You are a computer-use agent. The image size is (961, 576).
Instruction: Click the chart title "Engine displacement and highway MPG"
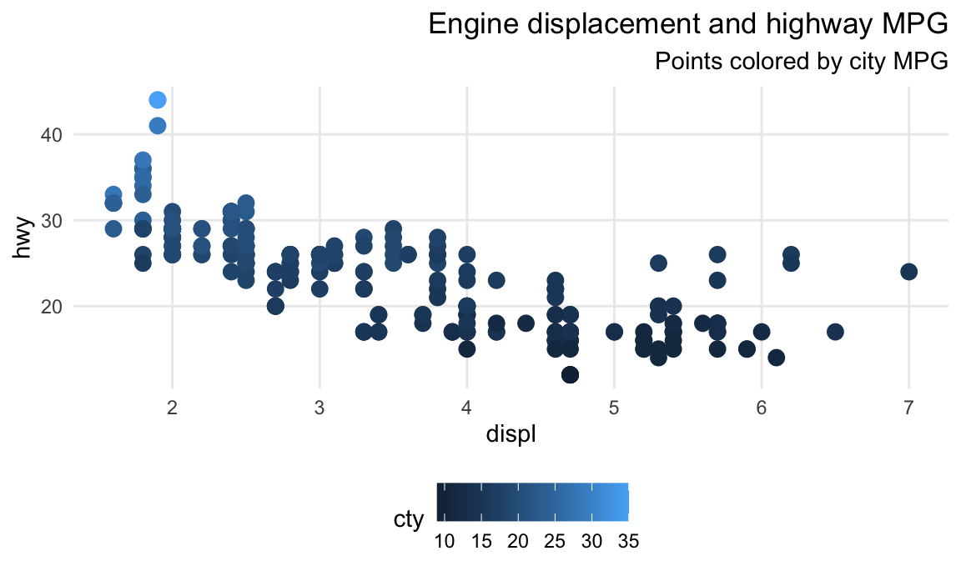687,25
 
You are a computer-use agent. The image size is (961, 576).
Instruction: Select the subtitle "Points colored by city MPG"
801,62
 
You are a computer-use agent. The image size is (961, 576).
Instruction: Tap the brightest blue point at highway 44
158,100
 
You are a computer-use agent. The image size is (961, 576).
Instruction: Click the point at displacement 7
908,272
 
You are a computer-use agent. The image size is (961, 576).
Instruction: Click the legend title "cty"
409,519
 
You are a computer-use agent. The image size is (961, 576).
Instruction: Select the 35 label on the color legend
628,542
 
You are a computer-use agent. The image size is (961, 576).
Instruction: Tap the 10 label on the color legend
445,542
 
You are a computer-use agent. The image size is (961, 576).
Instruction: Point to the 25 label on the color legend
555,542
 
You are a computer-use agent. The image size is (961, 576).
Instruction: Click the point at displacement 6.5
835,332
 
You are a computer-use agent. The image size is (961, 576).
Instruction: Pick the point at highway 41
158,126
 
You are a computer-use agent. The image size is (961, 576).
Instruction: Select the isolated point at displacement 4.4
526,323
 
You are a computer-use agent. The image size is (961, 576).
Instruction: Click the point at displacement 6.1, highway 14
776,358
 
